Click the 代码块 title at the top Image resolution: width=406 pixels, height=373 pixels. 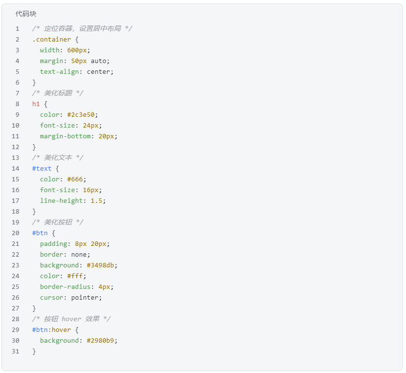[x=26, y=14]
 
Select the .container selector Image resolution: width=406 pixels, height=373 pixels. [x=51, y=39]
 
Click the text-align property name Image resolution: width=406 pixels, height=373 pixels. [x=61, y=71]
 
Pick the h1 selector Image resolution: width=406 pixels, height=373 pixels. [x=36, y=104]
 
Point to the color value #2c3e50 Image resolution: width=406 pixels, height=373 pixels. [x=82, y=114]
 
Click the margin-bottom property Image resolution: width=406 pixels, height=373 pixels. [x=65, y=136]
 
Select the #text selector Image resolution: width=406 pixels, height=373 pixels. [x=42, y=168]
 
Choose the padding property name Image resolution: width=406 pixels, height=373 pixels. [x=53, y=243]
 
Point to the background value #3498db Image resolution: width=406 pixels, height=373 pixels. [x=102, y=265]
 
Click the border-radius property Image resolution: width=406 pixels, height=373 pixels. [x=65, y=286]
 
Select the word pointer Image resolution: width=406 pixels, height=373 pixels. [x=86, y=297]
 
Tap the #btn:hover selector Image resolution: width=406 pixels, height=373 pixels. [x=51, y=329]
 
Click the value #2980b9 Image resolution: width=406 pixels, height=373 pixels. [x=102, y=340]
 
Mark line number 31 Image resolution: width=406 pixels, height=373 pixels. [x=16, y=351]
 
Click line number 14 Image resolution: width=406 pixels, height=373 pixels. [x=16, y=168]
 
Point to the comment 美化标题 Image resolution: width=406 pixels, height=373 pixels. [x=58, y=93]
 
